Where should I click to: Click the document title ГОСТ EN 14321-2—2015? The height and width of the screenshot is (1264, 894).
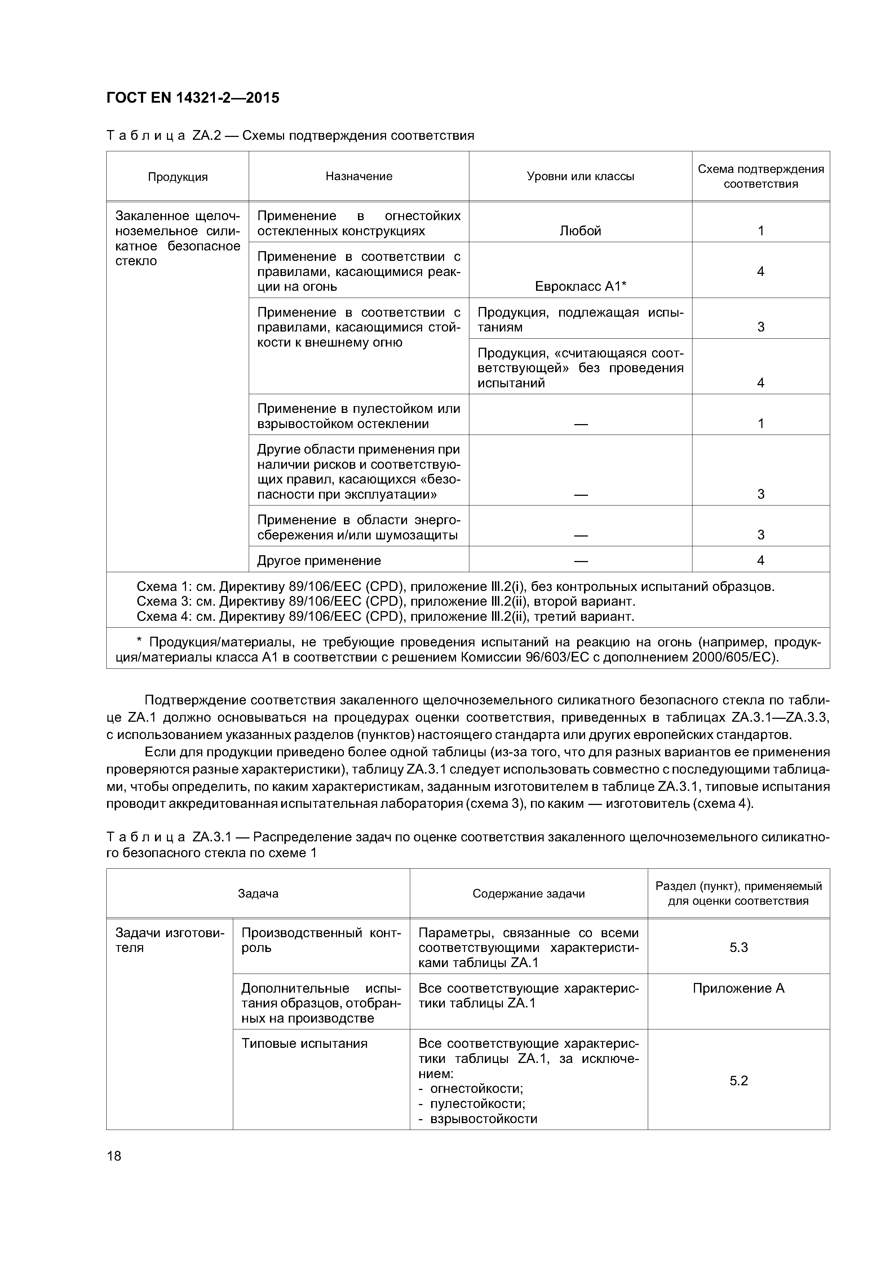tap(193, 98)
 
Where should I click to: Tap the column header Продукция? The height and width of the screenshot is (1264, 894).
tap(177, 177)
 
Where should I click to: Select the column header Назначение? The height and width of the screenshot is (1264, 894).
tap(359, 176)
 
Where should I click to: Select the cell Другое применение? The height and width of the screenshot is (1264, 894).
tap(319, 560)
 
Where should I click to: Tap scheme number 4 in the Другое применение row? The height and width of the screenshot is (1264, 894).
tap(760, 560)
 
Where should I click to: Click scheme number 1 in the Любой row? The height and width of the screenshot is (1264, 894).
tap(760, 231)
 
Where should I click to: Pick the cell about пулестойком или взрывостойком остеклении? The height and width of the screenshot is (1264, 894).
tap(359, 416)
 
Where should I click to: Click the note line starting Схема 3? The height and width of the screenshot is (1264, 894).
tap(386, 601)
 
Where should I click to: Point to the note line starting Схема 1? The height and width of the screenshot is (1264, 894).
tap(455, 586)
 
